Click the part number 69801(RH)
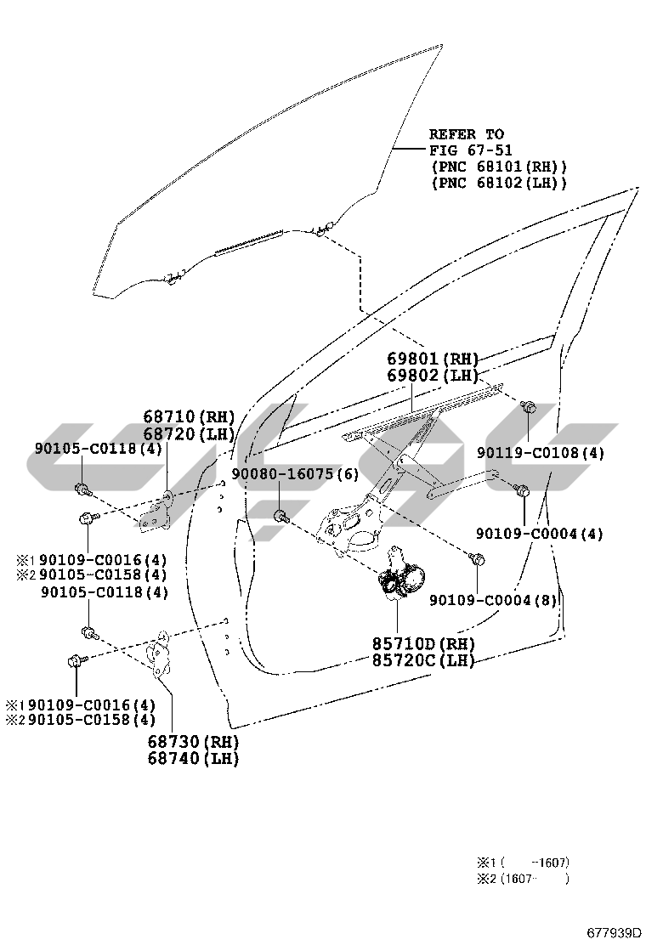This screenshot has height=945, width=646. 433,359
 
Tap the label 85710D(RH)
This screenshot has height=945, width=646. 423,643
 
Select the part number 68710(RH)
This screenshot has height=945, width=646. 189,416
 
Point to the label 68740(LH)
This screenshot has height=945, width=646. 193,758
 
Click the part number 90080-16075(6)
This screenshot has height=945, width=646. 295,474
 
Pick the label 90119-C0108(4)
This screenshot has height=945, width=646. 541,453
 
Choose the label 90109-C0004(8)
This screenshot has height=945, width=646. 493,600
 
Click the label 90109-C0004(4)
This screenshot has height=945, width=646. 540,534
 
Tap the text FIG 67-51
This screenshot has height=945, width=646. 471,150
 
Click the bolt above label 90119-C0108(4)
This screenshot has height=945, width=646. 528,407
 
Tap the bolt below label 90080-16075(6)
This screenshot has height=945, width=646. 281,517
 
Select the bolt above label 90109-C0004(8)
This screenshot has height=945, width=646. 477,560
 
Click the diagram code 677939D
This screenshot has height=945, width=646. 614,934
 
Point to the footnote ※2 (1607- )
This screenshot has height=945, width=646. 523,879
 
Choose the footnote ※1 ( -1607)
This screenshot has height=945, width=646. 523,863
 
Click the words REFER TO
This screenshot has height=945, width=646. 467,133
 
